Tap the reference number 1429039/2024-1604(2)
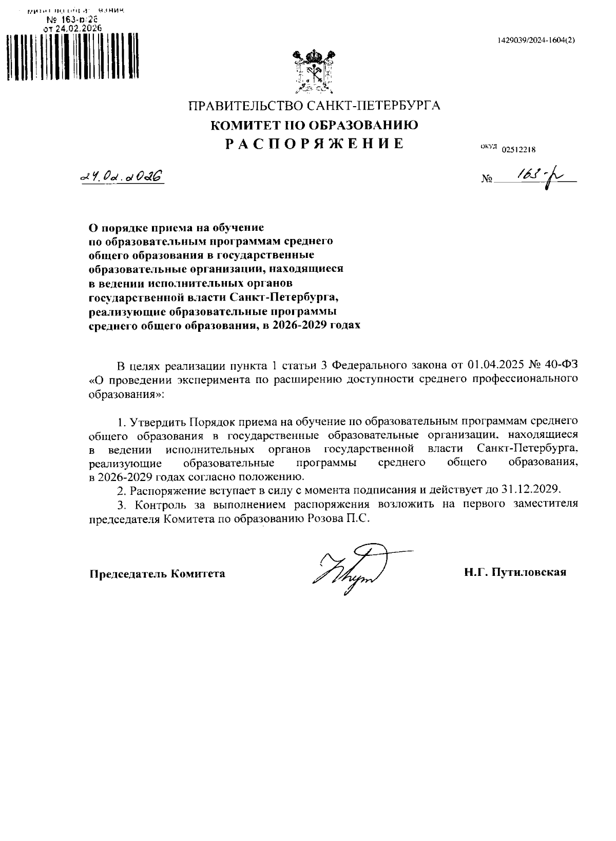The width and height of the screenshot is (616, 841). (536, 41)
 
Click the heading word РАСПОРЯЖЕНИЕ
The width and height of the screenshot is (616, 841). (315, 144)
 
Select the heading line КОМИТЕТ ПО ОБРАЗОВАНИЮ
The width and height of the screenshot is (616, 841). (315, 125)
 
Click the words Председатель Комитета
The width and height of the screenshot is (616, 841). (158, 573)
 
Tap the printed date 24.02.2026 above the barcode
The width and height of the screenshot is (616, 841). (78, 28)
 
